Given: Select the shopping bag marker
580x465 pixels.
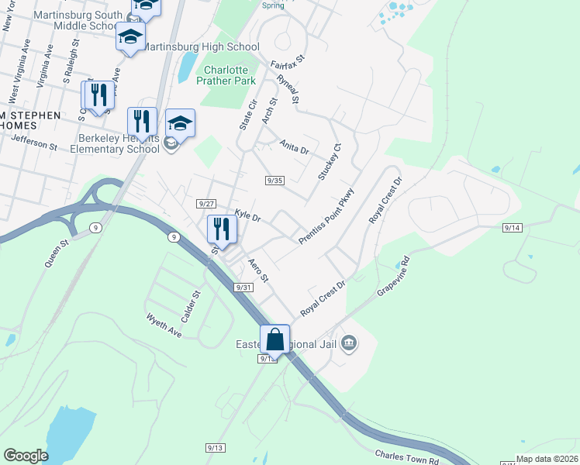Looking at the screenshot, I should pyautogui.click(x=275, y=339).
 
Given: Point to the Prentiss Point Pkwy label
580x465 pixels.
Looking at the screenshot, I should pyautogui.click(x=326, y=216).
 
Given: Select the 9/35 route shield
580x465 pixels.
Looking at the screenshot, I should pyautogui.click(x=274, y=180).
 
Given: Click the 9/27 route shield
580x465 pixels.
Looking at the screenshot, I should pyautogui.click(x=205, y=203).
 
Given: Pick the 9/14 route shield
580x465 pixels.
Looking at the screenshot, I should pyautogui.click(x=512, y=227).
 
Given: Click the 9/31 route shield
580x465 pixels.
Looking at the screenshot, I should pyautogui.click(x=243, y=287).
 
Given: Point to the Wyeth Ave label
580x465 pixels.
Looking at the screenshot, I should pyautogui.click(x=164, y=324).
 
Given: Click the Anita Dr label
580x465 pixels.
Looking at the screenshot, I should pyautogui.click(x=295, y=146).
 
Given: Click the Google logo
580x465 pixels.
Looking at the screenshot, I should pyautogui.click(x=26, y=456).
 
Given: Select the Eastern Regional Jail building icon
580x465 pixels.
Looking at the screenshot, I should pyautogui.click(x=349, y=343).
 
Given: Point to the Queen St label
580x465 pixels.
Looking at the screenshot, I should pyautogui.click(x=57, y=253).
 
